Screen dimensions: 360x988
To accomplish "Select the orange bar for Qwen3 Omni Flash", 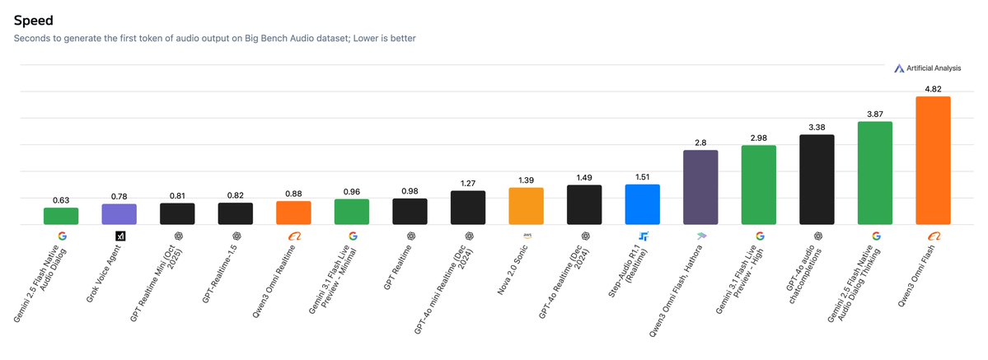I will tap(933, 161).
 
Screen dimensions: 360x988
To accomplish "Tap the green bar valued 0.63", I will tap(61, 216).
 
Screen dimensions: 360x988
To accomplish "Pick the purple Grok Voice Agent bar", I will tap(119, 214).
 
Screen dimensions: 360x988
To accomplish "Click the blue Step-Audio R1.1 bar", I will tap(643, 204).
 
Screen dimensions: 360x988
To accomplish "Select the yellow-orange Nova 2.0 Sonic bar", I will tap(526, 206).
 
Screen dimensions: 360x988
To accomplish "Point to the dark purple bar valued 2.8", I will tap(700, 187).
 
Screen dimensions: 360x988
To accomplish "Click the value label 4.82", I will tap(933, 88).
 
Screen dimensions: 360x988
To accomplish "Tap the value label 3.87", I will tap(875, 114).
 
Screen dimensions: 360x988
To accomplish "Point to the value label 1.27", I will tap(468, 183).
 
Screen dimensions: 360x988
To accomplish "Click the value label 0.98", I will tap(410, 190).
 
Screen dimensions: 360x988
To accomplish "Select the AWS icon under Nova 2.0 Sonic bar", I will tap(526, 235).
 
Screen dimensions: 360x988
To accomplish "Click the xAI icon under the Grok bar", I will tap(119, 236).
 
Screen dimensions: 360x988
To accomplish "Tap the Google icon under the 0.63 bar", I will tap(61, 236).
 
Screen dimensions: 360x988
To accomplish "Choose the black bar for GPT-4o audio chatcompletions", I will tap(817, 180).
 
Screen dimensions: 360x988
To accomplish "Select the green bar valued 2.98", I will tap(759, 185).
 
